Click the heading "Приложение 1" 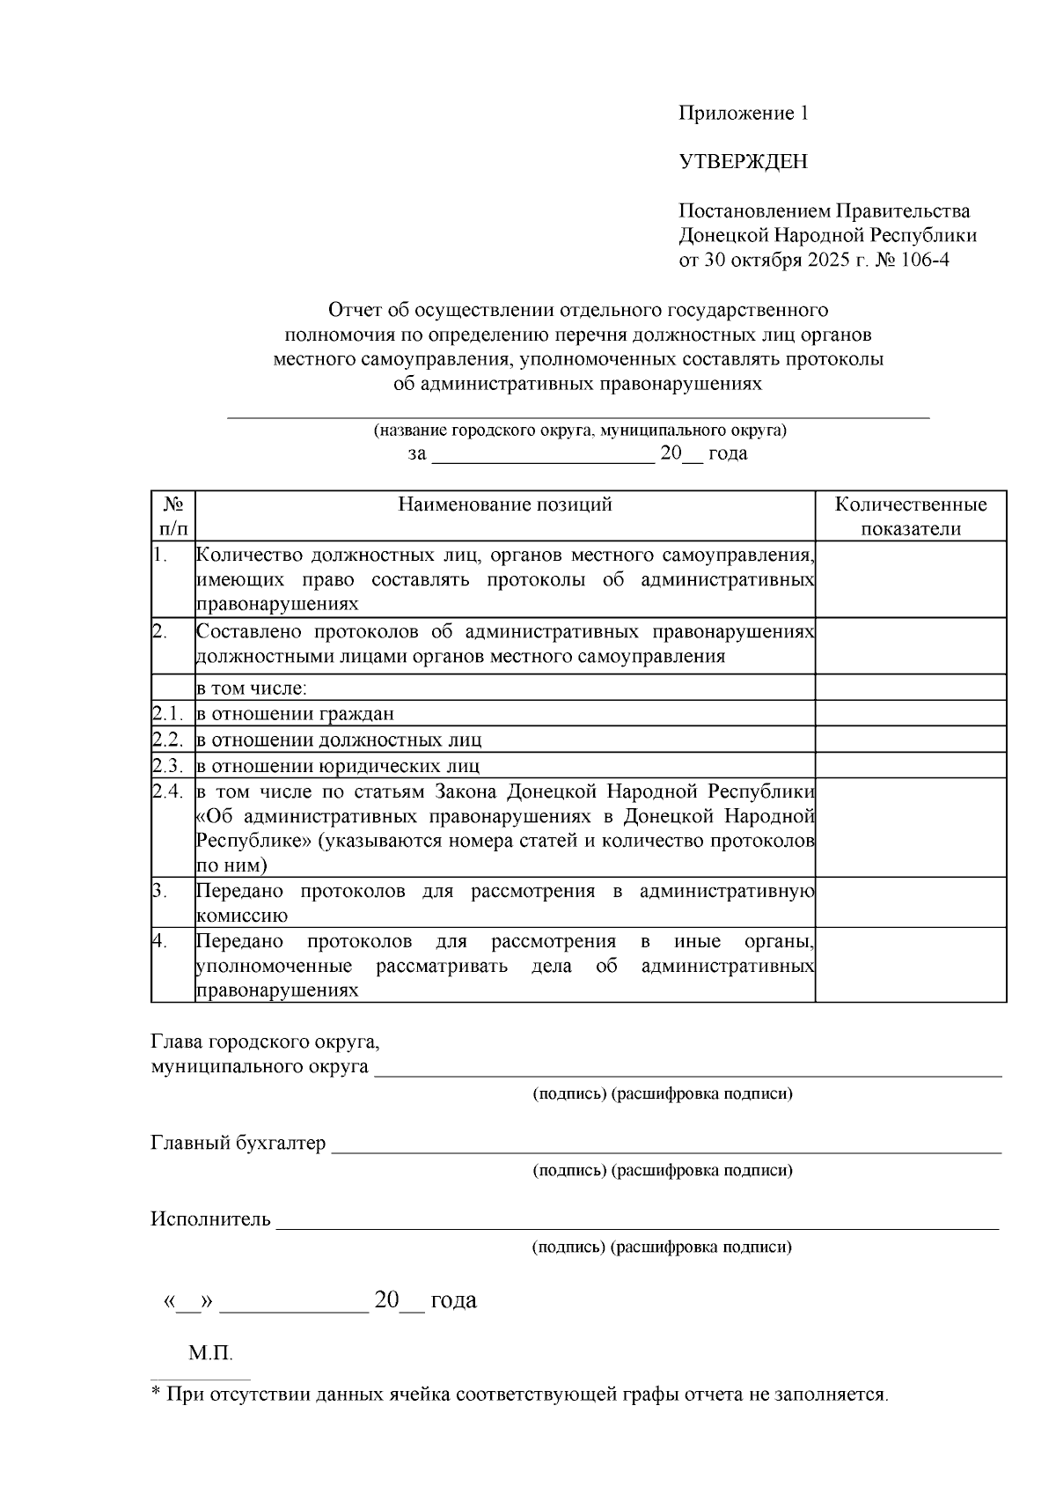[743, 114]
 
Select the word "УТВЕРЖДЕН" [743, 162]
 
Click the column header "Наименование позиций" [505, 504]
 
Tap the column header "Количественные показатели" [911, 517]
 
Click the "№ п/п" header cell [173, 517]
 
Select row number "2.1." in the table [167, 714]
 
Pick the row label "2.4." [167, 791]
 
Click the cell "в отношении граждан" [295, 714]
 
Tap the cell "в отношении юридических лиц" [338, 766]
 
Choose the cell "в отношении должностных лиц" [339, 740]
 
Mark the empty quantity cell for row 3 [911, 902]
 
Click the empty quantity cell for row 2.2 [911, 740]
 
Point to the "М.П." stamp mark [210, 1353]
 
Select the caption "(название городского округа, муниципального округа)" [579, 431]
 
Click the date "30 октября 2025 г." [779, 261]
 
